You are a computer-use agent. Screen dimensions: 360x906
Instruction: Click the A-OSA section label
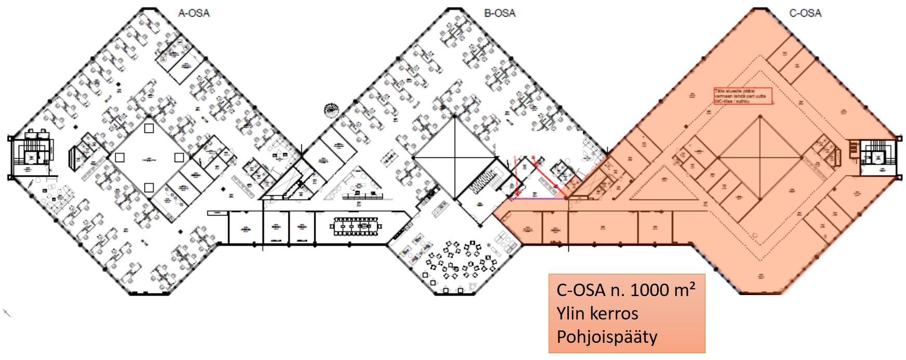[194, 13]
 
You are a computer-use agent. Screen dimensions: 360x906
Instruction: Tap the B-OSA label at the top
[499, 13]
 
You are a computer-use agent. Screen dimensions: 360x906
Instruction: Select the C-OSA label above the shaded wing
[805, 13]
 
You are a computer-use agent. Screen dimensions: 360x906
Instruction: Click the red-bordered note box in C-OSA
[743, 96]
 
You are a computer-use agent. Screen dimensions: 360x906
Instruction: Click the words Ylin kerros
[597, 313]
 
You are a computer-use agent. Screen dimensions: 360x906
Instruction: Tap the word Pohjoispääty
[607, 337]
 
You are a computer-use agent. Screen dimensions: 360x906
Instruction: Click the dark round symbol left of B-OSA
[331, 110]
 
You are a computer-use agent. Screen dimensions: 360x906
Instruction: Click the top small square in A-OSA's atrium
[149, 128]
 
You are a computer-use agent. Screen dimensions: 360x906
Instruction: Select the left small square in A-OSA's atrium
[119, 157]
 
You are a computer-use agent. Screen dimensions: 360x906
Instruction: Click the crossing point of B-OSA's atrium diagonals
[455, 157]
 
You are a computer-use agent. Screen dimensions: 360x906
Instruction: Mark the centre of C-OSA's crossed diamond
[760, 157]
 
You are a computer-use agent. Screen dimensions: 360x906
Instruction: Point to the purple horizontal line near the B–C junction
[538, 198]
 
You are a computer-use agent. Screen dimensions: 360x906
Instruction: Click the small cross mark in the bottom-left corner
[7, 313]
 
